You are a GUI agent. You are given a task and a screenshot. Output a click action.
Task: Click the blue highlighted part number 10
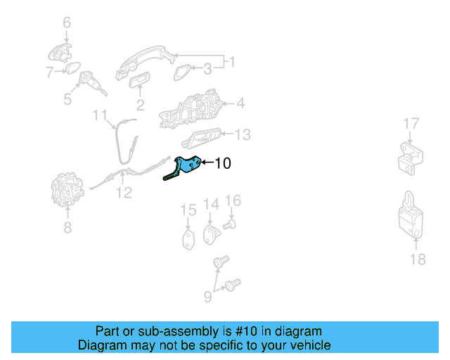pyautogui.click(x=188, y=167)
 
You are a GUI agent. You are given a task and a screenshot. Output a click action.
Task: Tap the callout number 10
pyautogui.click(x=222, y=164)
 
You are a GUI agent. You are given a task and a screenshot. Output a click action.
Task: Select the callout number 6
pyautogui.click(x=67, y=23)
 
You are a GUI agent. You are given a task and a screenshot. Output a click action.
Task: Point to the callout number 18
pyautogui.click(x=417, y=259)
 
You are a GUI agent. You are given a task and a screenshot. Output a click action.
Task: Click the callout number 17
pyautogui.click(x=411, y=124)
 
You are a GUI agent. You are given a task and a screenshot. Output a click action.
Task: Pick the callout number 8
pyautogui.click(x=67, y=227)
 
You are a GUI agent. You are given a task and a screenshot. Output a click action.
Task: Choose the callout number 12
pyautogui.click(x=124, y=192)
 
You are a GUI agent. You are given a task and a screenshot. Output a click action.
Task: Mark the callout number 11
pyautogui.click(x=100, y=115)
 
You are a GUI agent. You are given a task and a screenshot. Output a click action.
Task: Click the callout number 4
pyautogui.click(x=240, y=104)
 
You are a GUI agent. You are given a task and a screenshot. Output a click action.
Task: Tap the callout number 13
pyautogui.click(x=242, y=134)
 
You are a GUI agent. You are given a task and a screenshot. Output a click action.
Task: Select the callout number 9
pyautogui.click(x=207, y=297)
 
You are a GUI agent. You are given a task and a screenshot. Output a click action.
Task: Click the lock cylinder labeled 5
pyautogui.click(x=91, y=85)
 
